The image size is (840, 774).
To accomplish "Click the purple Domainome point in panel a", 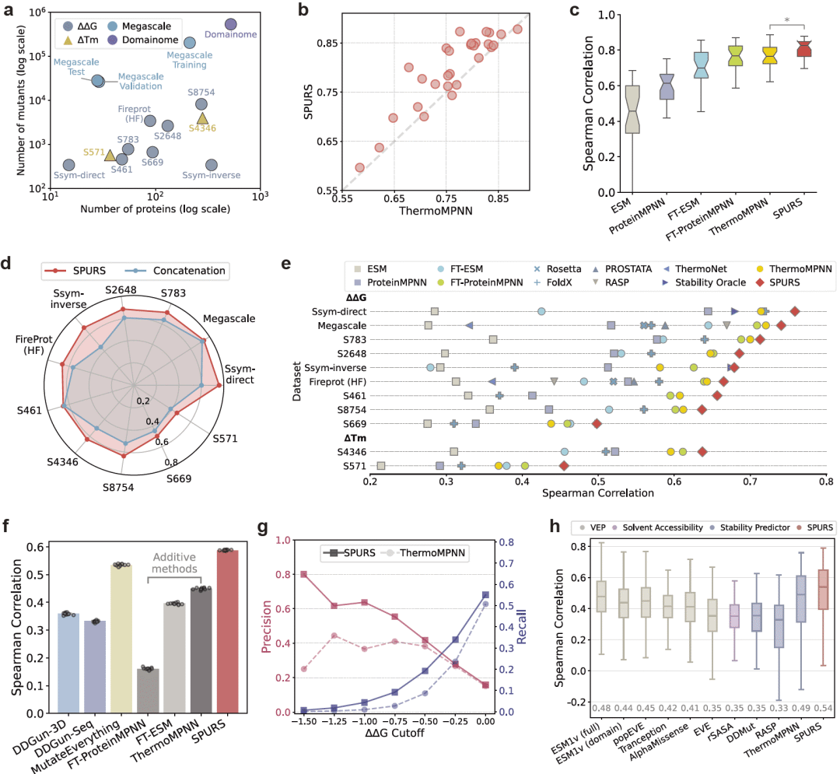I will (x=231, y=25).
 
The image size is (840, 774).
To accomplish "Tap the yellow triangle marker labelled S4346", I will (x=202, y=118).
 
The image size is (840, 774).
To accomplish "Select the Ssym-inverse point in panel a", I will (x=212, y=165).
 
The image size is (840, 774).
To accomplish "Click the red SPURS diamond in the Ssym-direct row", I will (x=794, y=311).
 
